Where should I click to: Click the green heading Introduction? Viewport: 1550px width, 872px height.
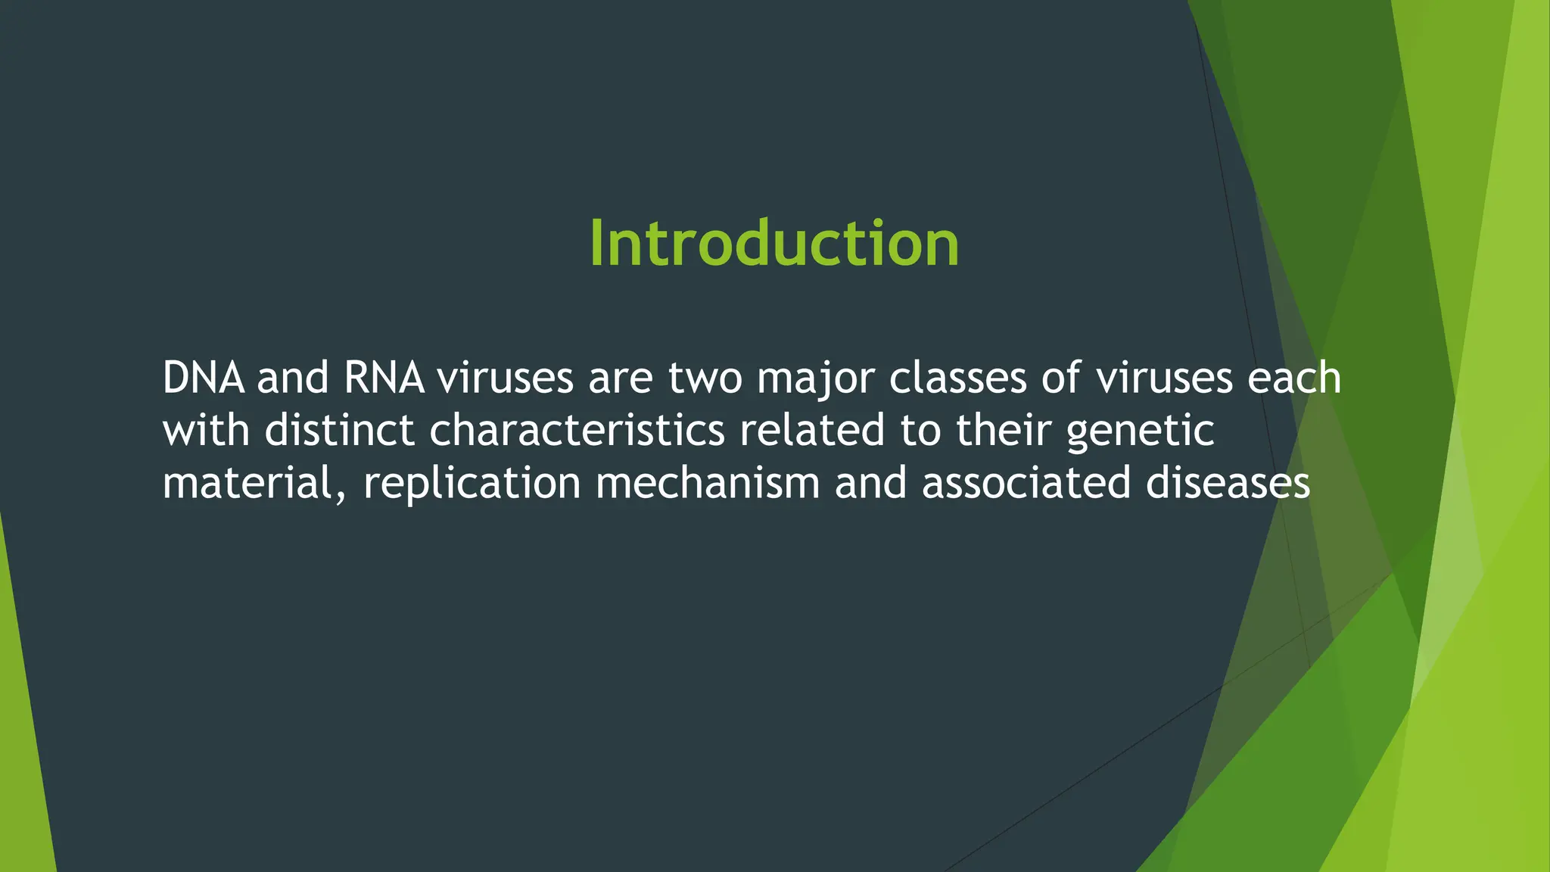774,244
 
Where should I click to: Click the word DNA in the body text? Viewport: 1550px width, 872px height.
203,378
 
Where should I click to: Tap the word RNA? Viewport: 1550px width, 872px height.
384,378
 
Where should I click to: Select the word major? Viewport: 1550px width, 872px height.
815,379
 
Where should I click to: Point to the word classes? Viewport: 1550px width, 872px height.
957,378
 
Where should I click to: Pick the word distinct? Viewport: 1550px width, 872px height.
340,430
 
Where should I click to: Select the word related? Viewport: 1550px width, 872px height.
811,430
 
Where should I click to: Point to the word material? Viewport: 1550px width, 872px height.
246,483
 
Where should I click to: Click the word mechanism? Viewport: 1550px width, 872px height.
708,483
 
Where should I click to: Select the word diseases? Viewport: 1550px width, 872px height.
1227,483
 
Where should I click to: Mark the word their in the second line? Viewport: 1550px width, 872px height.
1003,430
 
